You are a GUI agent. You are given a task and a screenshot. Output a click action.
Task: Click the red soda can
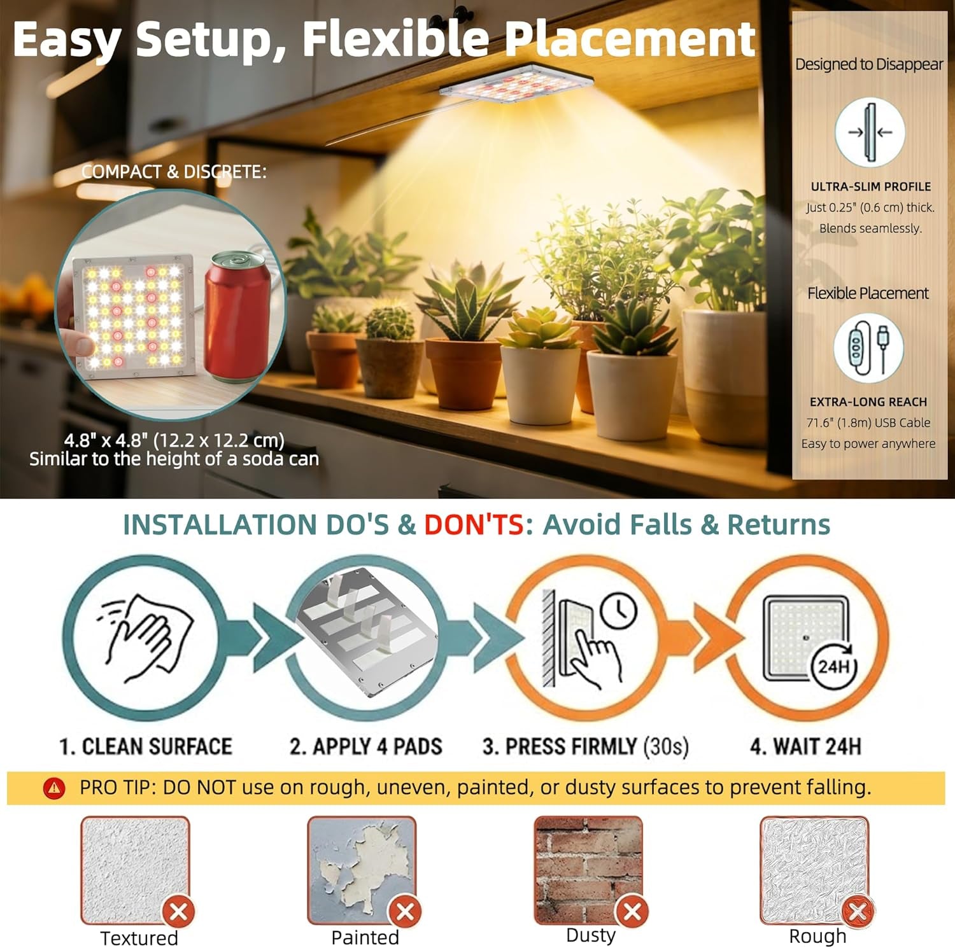pos(237,316)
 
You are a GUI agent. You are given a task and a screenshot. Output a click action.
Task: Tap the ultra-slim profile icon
pos(870,132)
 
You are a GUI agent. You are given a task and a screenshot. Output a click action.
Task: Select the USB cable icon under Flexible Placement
pos(868,348)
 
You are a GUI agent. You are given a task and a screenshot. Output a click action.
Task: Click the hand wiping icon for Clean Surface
pos(146,638)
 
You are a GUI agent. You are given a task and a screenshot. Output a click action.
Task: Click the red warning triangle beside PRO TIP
pos(54,788)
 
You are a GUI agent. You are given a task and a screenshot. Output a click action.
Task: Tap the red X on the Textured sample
pos(179,912)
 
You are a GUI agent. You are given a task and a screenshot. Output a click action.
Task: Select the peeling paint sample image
pos(362,870)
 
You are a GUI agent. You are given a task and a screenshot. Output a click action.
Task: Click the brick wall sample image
pos(588,869)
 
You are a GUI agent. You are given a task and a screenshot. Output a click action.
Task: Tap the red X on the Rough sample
pos(858,912)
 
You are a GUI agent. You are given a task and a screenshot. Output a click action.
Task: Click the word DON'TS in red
pos(474,525)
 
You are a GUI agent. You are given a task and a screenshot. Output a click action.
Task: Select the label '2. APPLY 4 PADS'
pos(365,746)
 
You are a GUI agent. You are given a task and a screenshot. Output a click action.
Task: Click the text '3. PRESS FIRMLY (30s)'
pos(585,746)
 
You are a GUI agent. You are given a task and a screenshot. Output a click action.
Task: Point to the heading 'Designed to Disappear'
pos(869,64)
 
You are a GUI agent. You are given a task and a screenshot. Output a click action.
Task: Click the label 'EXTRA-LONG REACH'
pos(868,402)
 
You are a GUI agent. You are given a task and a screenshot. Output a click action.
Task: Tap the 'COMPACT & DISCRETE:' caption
pos(174,172)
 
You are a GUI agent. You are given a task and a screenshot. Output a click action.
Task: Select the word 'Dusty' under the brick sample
pos(591,935)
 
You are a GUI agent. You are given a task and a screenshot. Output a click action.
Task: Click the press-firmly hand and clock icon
pos(590,638)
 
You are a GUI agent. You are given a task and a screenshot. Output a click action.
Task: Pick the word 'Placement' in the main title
pos(629,39)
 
